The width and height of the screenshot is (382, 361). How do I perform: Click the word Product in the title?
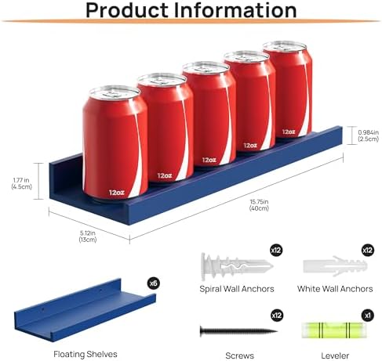pos(128,10)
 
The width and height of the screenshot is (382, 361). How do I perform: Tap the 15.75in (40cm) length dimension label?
pos(259,205)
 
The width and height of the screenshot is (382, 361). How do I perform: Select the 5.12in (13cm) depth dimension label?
pos(88,236)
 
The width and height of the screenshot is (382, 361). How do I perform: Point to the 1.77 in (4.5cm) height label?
pos(21,183)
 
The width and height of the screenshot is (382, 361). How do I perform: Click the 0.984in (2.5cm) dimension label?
pos(368,135)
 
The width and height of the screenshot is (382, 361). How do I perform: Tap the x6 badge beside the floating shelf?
pos(153,283)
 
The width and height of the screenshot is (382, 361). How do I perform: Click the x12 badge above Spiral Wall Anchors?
pos(276,251)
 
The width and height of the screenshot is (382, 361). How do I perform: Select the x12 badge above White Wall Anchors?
pos(367,251)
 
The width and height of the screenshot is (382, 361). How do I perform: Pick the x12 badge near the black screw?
pos(277,316)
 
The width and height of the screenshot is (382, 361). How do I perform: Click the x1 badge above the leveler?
pos(368,316)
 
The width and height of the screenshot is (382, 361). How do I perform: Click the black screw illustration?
pos(238,331)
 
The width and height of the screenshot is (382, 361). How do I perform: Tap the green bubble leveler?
pos(333,330)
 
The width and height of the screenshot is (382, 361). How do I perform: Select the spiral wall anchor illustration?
pos(237,266)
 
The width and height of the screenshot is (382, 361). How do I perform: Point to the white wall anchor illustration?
pos(335,266)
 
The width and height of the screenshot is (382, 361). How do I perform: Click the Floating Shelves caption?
pos(85,354)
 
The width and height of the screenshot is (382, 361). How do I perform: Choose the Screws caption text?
pos(239,356)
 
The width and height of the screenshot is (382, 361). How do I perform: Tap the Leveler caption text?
pos(335,356)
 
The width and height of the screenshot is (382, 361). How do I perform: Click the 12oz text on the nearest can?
pos(117,193)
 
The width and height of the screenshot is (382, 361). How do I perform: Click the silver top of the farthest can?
pos(285,47)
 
